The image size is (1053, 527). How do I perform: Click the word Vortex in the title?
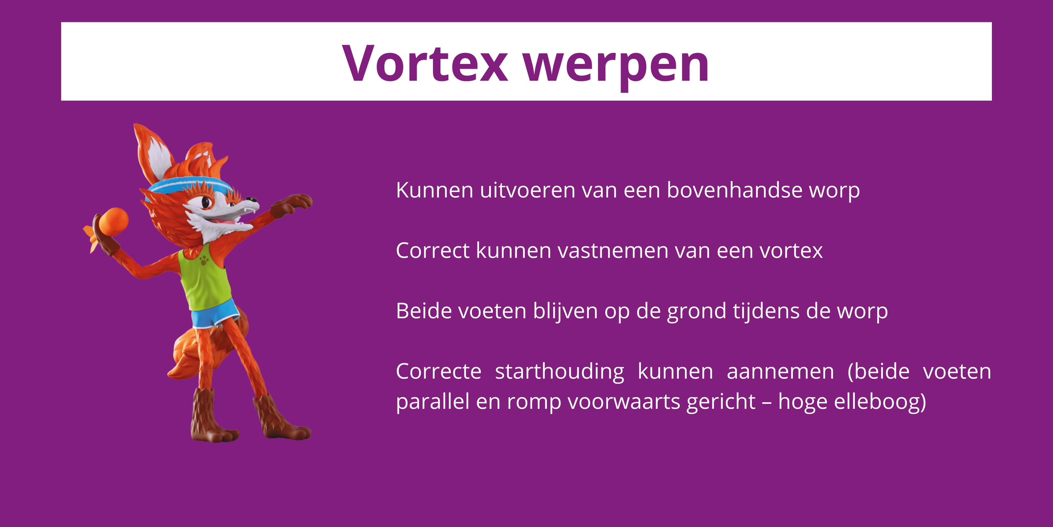tap(425, 63)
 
